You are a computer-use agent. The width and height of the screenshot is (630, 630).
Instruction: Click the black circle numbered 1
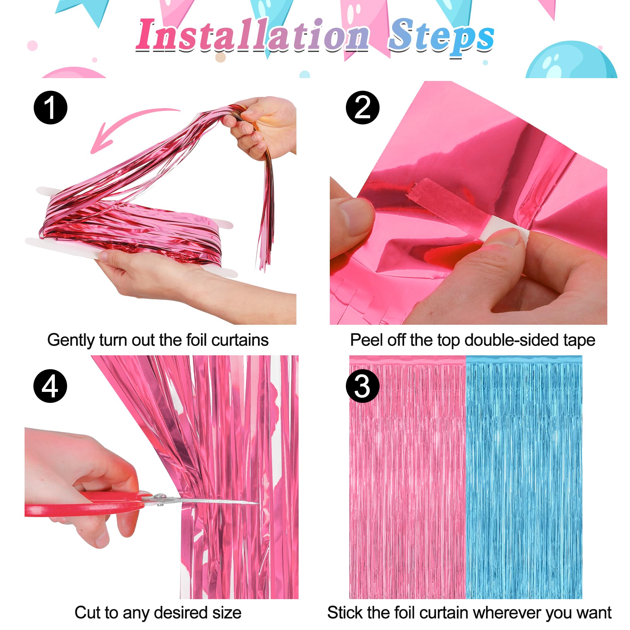[x=50, y=108]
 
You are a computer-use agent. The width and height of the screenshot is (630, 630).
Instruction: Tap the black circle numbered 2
[x=363, y=108]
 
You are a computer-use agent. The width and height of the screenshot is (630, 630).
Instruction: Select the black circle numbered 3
[x=363, y=386]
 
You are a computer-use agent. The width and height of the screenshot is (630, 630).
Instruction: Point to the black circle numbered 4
[x=50, y=386]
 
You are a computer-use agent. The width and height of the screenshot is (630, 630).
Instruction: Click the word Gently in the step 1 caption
[x=71, y=341]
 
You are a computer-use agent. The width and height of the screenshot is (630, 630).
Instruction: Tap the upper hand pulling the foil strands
[x=264, y=127]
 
